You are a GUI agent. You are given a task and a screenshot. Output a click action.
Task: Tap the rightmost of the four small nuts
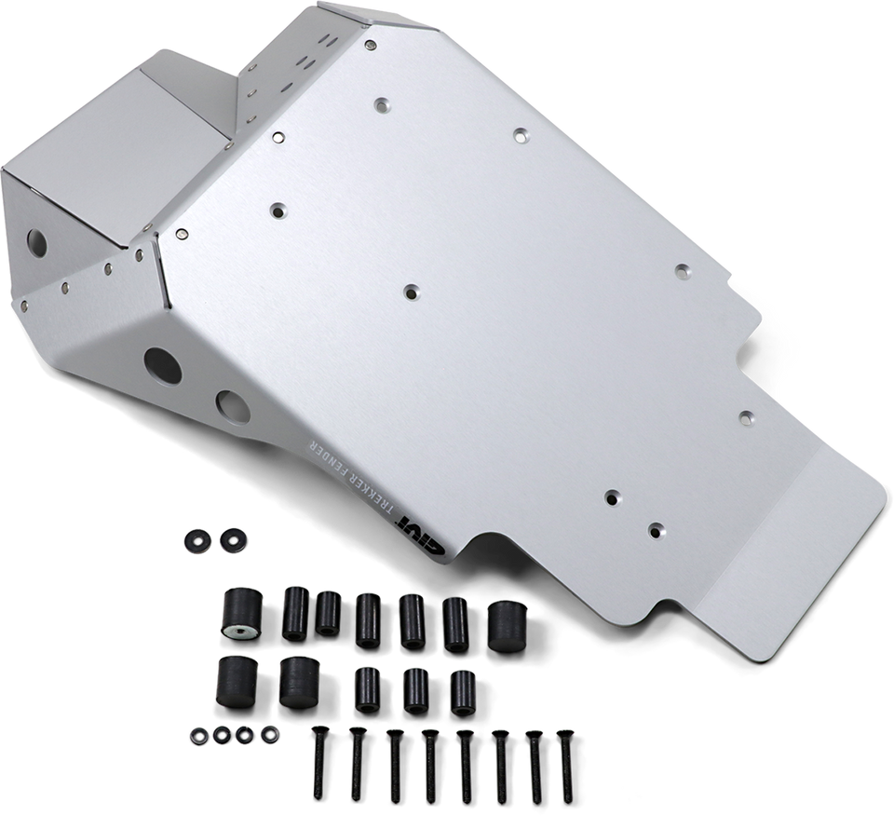tap(268, 732)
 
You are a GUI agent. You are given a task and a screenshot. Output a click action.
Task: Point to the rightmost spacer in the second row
tap(459, 690)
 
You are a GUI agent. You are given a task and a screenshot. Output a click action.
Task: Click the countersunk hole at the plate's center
tap(411, 292)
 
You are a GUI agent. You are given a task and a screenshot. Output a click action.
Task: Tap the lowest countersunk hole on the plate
tap(656, 530)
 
